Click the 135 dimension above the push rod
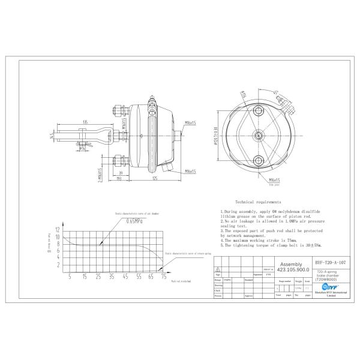point(86,122)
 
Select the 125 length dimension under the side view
point(154,178)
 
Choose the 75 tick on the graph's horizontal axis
point(163,277)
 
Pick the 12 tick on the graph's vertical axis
point(58,230)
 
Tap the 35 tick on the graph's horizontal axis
point(112,277)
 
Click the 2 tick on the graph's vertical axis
point(58,264)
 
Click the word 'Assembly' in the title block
point(292,264)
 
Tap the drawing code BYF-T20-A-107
point(331,263)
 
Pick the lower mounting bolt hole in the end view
point(259,159)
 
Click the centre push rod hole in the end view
point(259,135)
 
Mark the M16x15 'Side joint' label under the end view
point(275,180)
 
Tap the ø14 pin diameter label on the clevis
point(83,148)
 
